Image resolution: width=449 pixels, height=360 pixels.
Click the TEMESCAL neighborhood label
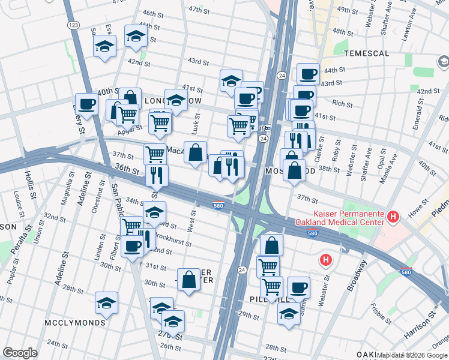(x=367, y=53)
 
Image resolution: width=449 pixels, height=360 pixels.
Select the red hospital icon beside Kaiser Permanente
(x=393, y=216)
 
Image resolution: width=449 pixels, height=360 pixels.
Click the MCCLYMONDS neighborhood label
(x=75, y=323)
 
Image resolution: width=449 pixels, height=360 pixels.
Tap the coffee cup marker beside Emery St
(x=86, y=104)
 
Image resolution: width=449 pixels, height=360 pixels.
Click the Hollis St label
(x=31, y=181)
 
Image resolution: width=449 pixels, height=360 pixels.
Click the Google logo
(x=20, y=353)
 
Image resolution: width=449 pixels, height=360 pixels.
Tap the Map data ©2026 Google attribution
(x=412, y=355)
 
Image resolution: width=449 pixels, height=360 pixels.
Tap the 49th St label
(x=347, y=10)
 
